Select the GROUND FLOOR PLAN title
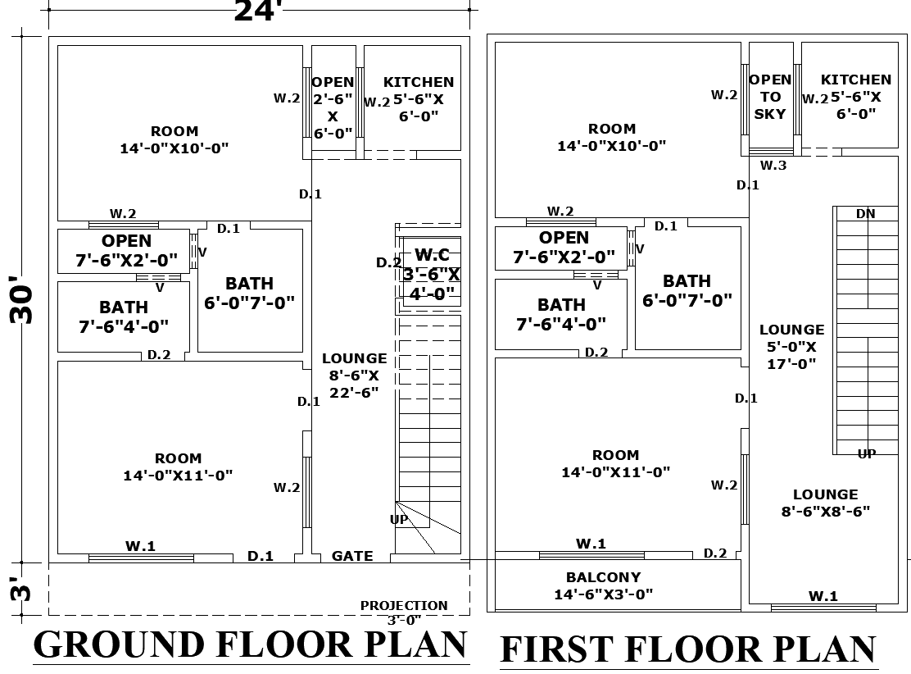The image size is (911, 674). [x=250, y=644]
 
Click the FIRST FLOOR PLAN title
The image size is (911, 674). [x=688, y=649]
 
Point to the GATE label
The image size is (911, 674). [x=352, y=556]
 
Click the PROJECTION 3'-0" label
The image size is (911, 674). [x=404, y=613]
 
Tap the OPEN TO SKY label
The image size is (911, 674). [x=770, y=97]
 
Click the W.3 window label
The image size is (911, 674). [x=773, y=166]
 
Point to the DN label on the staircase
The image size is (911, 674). [x=865, y=214]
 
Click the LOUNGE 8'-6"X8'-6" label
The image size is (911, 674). [x=825, y=503]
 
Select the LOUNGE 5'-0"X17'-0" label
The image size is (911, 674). [x=791, y=346]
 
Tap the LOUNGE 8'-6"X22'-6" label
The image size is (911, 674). [x=354, y=375]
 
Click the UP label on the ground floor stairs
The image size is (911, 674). [x=399, y=520]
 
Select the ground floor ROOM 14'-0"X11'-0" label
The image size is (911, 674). [x=178, y=467]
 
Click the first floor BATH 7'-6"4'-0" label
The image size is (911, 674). [x=561, y=314]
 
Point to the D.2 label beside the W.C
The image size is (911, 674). [x=388, y=263]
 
